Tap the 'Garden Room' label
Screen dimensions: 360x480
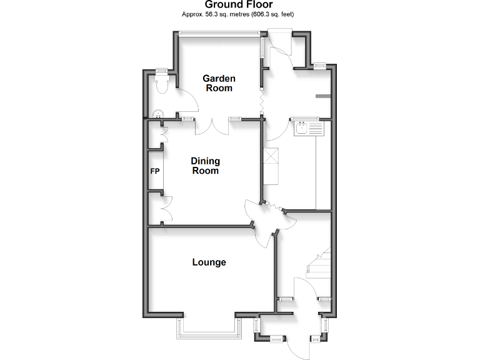pos(219,83)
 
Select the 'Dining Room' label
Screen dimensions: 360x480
pos(206,166)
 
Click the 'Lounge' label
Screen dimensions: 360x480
pos(209,262)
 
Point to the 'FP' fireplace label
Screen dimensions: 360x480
pos(155,171)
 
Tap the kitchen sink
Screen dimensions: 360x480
pos(302,129)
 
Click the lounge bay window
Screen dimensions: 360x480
pos(209,329)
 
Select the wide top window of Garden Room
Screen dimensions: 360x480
pos(219,34)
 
